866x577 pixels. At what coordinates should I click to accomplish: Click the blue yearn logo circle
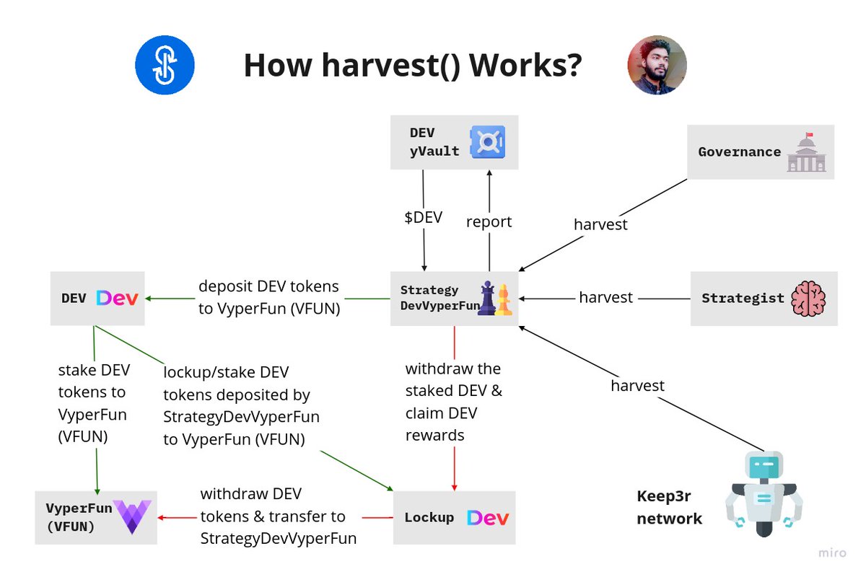[166, 64]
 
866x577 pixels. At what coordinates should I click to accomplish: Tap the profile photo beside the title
[657, 65]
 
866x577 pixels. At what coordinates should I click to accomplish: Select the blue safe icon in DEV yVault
[488, 142]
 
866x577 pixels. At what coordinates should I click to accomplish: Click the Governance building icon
[806, 152]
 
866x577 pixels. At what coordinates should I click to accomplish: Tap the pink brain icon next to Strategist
[808, 298]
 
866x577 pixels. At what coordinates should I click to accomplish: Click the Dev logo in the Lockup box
[488, 518]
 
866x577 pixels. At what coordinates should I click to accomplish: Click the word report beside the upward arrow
[489, 221]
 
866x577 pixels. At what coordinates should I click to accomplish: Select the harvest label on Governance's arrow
[600, 224]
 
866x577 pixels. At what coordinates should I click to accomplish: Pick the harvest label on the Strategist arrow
[606, 297]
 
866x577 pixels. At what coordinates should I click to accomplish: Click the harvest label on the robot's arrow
[637, 386]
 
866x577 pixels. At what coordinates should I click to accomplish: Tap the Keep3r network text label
[669, 507]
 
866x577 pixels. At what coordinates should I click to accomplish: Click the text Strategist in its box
[743, 298]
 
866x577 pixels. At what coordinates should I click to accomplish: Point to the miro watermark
[832, 553]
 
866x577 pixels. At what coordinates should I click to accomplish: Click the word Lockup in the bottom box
[429, 518]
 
